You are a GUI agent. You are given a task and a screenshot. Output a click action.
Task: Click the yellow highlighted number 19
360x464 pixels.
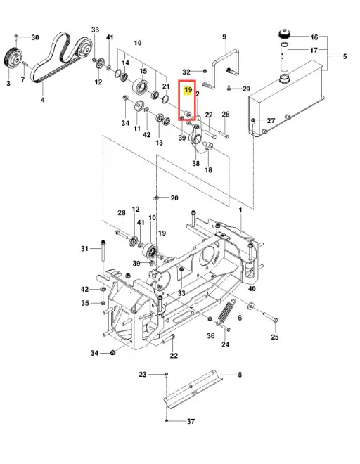click(x=188, y=89)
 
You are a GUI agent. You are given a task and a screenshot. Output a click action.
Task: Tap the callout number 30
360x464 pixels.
click(x=35, y=37)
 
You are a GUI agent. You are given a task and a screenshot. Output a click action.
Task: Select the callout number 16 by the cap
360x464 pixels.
click(x=314, y=37)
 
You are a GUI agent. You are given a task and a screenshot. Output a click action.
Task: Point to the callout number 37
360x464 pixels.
click(x=191, y=421)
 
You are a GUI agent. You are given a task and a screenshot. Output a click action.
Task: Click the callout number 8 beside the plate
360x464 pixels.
click(x=240, y=375)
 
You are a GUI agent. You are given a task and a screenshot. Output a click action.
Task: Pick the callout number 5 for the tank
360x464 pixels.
click(x=345, y=56)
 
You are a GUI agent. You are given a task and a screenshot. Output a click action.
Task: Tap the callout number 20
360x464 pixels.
click(x=174, y=198)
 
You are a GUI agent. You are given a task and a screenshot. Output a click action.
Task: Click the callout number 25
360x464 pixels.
click(x=275, y=337)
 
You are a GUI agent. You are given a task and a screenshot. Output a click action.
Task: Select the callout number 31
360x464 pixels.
click(x=84, y=249)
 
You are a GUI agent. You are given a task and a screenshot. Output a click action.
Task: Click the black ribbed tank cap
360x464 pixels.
click(x=285, y=33)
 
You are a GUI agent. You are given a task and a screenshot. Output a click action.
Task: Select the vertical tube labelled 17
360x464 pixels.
click(x=285, y=57)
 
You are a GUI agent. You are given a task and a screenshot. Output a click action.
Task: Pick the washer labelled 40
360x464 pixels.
click(x=251, y=305)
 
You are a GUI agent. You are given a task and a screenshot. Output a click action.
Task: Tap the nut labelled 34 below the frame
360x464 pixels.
click(x=112, y=352)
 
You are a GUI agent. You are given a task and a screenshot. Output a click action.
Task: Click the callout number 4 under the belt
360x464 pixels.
click(x=43, y=100)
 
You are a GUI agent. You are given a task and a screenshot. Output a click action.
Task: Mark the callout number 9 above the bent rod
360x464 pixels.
click(x=224, y=37)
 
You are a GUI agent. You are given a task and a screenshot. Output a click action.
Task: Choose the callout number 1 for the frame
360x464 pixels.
click(x=240, y=210)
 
